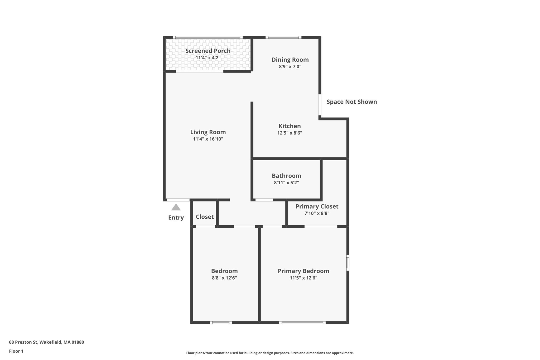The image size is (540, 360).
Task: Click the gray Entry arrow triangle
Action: coord(176,207)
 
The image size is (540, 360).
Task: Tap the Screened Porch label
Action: coord(208,51)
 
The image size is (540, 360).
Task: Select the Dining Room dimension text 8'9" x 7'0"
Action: coord(290,66)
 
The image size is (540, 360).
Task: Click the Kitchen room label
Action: coord(290,126)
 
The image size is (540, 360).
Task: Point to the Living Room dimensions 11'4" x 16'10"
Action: coord(208,139)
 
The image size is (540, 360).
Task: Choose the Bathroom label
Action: coord(286,176)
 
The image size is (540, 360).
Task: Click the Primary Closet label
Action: coord(317,206)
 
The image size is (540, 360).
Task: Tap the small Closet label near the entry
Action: coord(205,217)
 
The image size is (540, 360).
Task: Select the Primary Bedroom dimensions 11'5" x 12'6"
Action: coord(303,278)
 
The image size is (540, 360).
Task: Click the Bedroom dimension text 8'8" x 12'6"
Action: coord(224,278)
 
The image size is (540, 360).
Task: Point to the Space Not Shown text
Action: coord(351,102)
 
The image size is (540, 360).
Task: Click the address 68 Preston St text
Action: coord(46,342)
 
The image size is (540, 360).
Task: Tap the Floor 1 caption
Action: coord(16,351)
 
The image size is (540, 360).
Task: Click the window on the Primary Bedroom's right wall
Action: coord(348,262)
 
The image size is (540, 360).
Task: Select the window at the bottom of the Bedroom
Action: coord(221,322)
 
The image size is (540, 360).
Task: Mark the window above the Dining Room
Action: coord(283,37)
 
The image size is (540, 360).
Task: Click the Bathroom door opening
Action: coord(264,200)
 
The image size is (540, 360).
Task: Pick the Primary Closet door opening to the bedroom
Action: coord(321,226)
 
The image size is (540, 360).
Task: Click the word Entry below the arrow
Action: coord(176,218)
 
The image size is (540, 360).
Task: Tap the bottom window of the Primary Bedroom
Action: coord(302,322)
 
